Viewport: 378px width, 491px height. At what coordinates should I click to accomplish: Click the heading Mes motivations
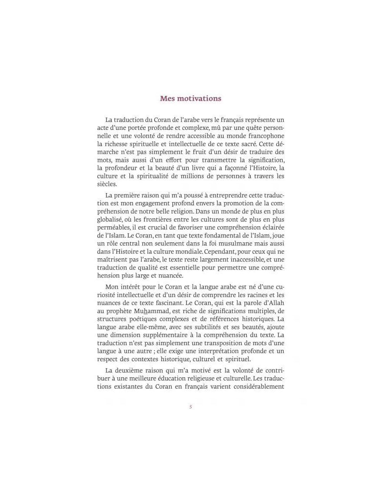(x=190, y=98)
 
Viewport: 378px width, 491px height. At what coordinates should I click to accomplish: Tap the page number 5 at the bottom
(x=190, y=407)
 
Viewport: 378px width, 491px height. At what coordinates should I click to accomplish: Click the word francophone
(x=266, y=135)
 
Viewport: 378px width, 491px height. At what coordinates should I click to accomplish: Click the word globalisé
(x=110, y=219)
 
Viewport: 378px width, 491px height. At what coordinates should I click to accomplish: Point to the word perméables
(x=113, y=227)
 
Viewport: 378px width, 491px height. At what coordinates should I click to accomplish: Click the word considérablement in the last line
(x=259, y=386)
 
